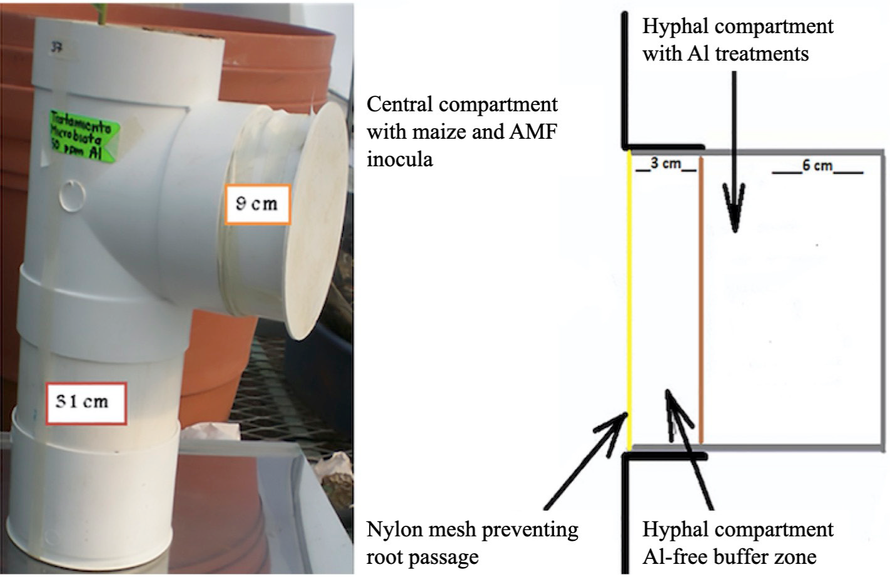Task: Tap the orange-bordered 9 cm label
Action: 258,204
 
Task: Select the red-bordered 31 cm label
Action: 86,401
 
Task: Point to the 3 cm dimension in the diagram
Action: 665,164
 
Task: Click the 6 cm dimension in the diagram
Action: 817,166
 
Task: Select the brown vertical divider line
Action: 702,300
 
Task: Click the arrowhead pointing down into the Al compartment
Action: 735,206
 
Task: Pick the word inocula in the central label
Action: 399,159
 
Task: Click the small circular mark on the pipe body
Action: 73,196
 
